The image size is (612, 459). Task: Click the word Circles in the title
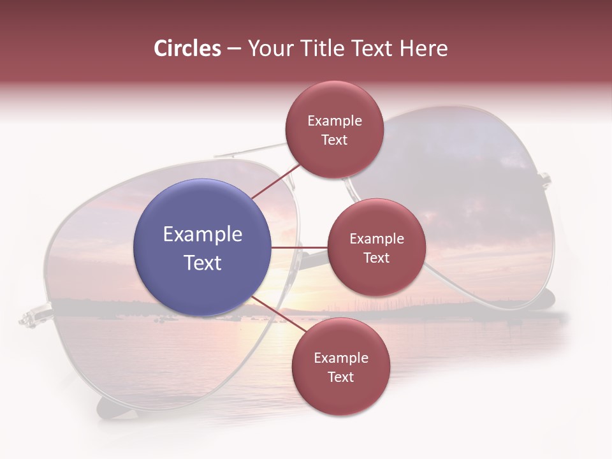187,48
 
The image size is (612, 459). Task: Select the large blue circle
202,247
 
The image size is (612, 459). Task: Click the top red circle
334,129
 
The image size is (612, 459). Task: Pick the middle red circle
376,247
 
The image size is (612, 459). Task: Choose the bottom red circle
340,367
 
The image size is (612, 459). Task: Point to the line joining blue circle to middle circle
300,247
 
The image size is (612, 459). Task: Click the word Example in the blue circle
203,235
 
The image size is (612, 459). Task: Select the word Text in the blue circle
203,263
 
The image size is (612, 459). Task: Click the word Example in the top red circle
335,121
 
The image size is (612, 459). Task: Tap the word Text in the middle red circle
376,258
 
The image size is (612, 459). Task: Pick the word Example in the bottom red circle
341,358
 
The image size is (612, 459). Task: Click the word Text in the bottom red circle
340,377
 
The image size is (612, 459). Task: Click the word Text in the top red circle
334,140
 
